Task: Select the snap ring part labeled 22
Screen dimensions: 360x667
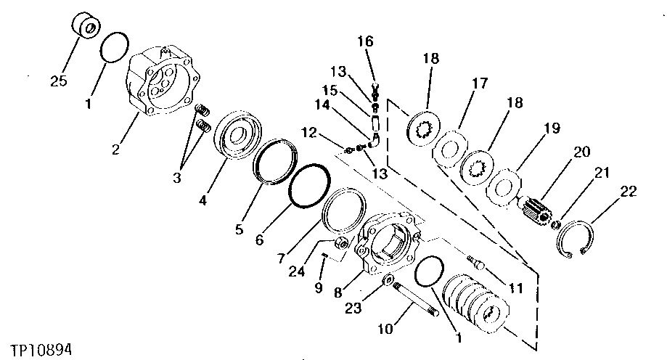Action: tap(581, 239)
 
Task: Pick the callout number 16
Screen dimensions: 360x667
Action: tap(364, 41)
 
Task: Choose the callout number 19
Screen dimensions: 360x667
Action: tap(552, 128)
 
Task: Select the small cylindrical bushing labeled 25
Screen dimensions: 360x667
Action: tap(86, 26)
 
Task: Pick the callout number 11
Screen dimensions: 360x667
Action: tap(516, 288)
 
